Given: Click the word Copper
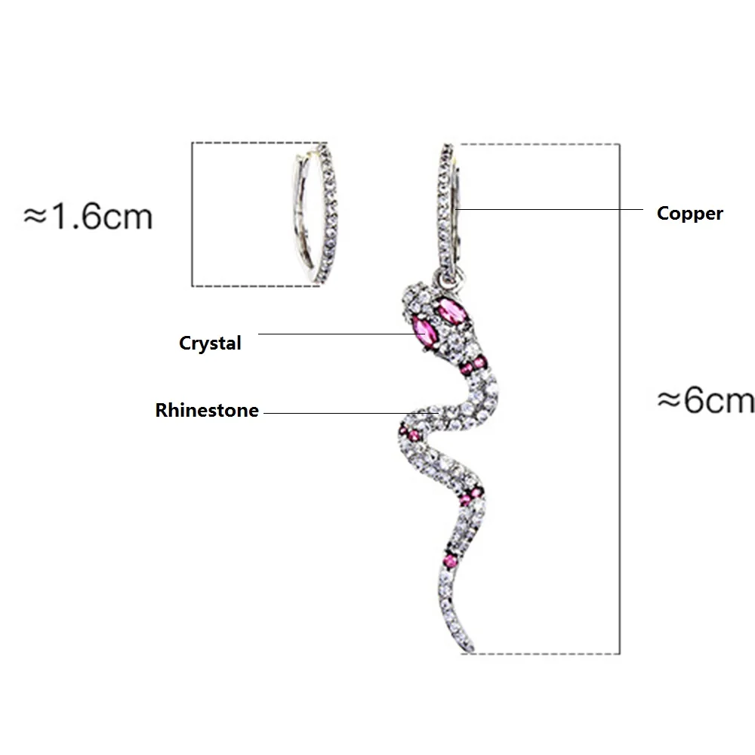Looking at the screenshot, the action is click(689, 214).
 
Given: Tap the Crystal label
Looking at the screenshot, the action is click(210, 344).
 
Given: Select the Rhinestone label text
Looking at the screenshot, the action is click(207, 410).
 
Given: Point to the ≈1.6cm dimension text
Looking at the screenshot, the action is click(88, 216).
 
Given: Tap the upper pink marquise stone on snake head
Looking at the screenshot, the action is click(452, 311).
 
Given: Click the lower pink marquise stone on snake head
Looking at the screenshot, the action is click(425, 332).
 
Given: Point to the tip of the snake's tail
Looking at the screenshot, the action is click(471, 650).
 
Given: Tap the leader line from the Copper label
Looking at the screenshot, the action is click(549, 209).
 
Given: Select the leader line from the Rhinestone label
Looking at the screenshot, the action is click(351, 413).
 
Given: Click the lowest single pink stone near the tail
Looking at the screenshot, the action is click(451, 561).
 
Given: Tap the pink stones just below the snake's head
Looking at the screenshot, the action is click(474, 365).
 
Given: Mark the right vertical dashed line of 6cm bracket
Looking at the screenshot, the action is click(620, 399).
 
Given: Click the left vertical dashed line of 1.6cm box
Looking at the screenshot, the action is click(192, 214).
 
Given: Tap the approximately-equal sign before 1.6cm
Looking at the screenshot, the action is click(35, 216).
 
